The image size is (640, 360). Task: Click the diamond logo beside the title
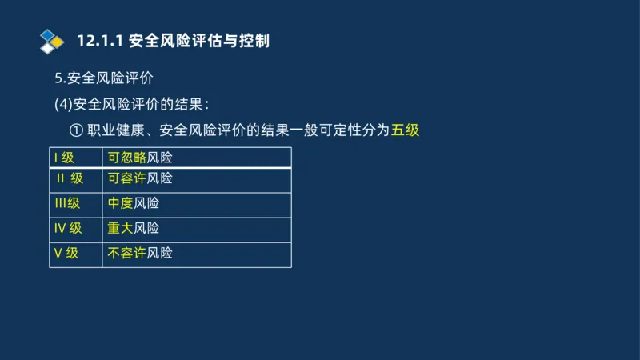[x=51, y=40]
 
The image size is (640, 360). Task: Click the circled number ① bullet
[x=77, y=130]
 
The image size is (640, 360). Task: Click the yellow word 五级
[x=406, y=130]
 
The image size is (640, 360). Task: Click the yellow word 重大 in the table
[x=121, y=228]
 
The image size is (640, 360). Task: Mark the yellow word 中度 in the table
[x=121, y=203]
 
